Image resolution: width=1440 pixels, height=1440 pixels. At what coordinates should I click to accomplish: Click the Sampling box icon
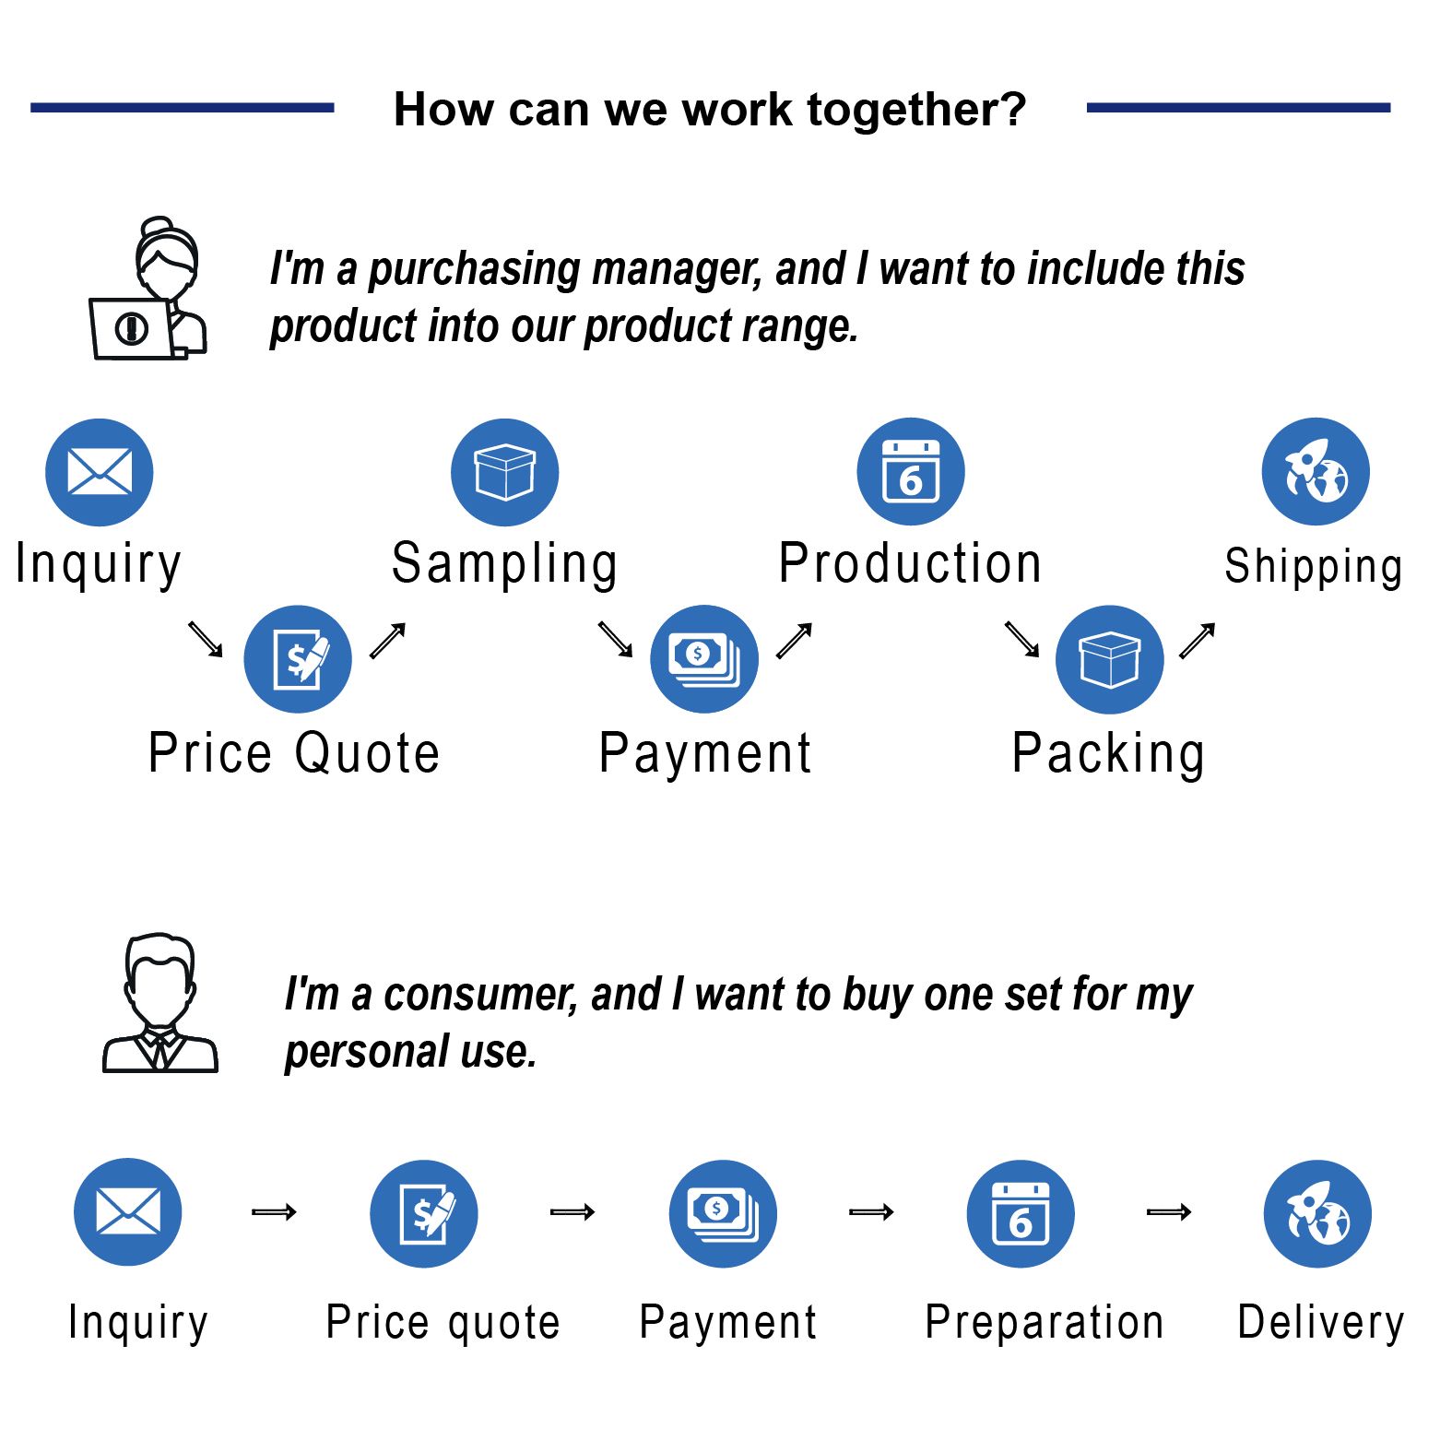504,472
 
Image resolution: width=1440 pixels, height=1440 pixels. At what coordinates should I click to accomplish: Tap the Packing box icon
1109,659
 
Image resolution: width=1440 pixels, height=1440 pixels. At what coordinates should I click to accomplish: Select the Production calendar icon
910,472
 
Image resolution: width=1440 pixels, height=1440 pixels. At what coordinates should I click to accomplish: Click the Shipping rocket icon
1316,472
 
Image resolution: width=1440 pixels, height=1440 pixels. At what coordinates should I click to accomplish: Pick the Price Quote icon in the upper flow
298,659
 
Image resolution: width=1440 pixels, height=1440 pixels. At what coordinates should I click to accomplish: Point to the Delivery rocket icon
1317,1213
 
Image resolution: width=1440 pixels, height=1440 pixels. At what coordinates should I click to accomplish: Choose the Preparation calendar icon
1021,1213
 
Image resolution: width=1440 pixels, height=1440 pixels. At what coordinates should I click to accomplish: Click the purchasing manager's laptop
131,328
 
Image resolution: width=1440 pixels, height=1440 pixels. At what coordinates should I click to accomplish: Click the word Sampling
504,564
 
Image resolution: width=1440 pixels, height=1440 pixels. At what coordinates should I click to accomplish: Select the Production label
910,564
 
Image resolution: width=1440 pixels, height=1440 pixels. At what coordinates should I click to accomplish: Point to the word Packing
1108,753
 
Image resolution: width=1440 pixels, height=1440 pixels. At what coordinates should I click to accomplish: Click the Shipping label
1313,566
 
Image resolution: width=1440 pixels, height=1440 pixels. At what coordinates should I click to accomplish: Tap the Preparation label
1045,1323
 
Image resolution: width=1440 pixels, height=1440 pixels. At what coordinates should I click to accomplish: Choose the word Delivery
1320,1323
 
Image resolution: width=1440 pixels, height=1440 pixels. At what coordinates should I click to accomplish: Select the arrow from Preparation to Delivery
1169,1212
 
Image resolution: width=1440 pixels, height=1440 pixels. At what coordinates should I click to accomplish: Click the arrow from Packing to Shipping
1197,641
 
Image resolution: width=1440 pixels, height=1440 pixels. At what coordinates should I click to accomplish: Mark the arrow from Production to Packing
1021,639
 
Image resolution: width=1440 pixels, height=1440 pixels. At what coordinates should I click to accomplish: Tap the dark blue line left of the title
182,108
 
